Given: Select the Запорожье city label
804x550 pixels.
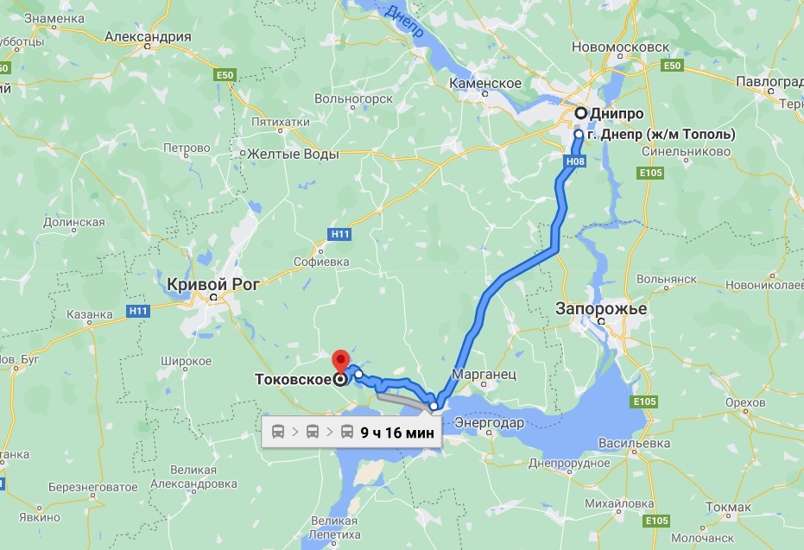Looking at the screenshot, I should (x=601, y=309).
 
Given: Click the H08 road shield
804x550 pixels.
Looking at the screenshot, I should (x=578, y=161).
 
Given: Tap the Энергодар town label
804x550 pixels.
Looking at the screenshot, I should (x=489, y=423).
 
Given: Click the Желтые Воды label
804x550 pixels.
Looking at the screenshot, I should (x=291, y=154).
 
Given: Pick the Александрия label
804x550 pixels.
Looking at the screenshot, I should (x=147, y=37).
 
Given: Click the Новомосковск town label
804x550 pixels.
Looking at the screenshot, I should (x=614, y=46).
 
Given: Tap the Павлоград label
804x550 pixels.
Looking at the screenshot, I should (x=769, y=82).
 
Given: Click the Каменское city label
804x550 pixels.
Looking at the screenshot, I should (x=485, y=83).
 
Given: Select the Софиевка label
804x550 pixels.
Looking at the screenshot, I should (x=321, y=261).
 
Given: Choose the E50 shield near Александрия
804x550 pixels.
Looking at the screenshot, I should (x=226, y=76).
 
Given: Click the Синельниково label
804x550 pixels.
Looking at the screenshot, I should (x=687, y=151).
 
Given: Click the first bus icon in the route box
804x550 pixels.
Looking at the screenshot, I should (x=280, y=432).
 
